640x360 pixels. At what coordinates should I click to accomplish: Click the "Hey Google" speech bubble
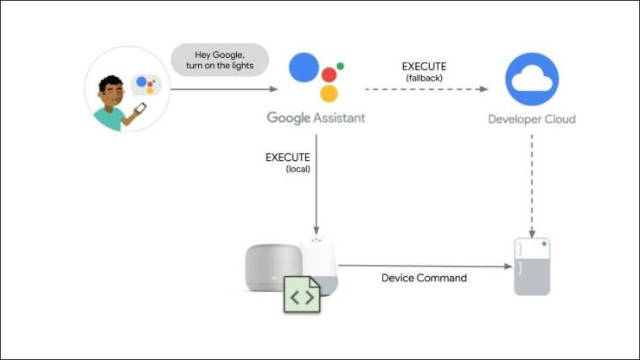coord(220,61)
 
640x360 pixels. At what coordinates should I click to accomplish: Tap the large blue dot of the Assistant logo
coord(305,67)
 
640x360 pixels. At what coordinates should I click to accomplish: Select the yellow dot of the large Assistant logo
coord(329,93)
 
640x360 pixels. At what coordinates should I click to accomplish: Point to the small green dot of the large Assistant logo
coord(341,66)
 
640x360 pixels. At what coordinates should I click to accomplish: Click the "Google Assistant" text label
coord(316,118)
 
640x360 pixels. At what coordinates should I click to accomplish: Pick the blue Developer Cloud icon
coord(531,79)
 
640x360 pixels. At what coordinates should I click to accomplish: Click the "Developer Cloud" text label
coord(531,119)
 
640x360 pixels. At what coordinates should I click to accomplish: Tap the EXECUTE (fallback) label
coord(424,72)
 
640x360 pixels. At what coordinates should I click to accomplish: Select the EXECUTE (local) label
coord(288,162)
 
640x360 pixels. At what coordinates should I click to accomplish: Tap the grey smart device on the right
coord(532,267)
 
